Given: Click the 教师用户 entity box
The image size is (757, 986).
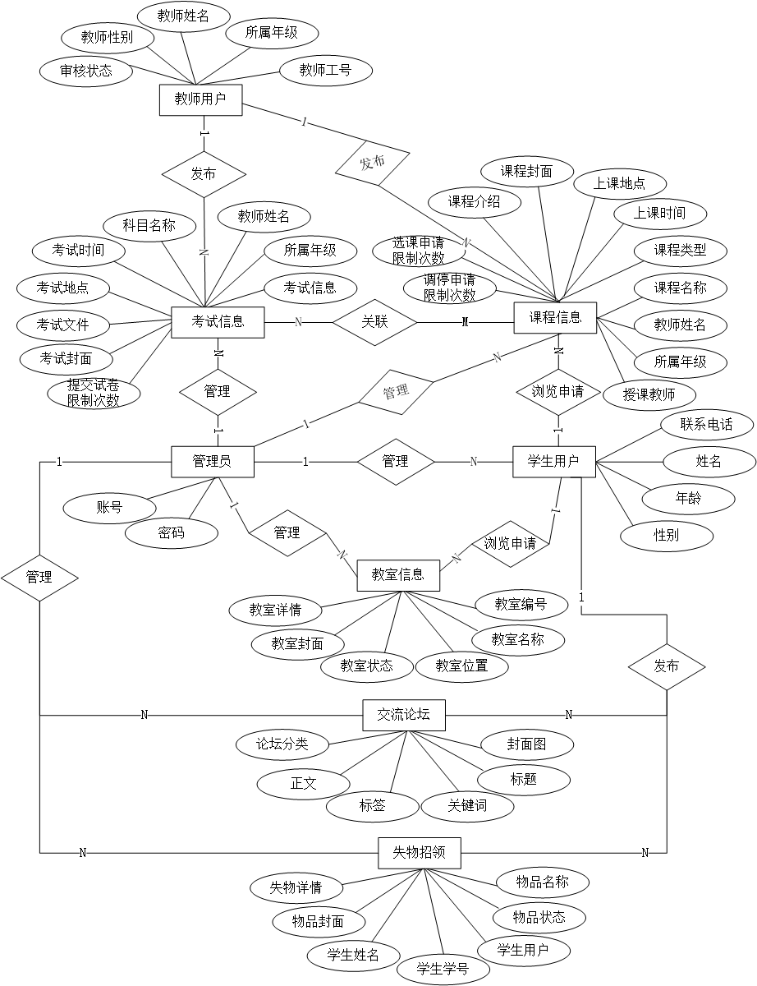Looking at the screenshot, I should click(200, 99).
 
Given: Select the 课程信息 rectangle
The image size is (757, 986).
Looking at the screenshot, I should click(556, 317).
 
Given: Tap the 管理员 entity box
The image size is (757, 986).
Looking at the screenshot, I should click(212, 461).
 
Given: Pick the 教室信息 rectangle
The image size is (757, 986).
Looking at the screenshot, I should click(398, 575).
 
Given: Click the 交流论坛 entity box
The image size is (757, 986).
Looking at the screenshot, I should click(404, 715).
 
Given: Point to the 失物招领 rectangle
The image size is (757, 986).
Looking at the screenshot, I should click(419, 852).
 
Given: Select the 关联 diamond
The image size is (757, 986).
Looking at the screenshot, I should click(374, 322).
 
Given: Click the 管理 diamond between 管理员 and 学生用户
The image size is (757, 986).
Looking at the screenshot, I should click(395, 462).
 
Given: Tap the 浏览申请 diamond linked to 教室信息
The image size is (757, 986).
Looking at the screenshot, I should click(510, 543).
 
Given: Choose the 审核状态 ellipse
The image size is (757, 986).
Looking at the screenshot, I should click(86, 70).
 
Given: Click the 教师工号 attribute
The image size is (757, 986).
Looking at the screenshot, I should click(325, 71).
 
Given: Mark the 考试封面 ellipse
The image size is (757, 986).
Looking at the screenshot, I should click(65, 358).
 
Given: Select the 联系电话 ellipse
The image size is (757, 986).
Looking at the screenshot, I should click(705, 425).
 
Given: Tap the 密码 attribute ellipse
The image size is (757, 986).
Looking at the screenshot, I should click(172, 532).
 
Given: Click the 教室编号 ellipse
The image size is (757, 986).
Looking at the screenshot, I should click(521, 605).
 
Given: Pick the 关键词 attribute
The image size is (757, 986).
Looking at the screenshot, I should click(467, 805).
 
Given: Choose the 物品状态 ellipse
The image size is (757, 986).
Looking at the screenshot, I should click(539, 917).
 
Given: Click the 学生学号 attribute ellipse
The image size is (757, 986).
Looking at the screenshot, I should click(443, 969).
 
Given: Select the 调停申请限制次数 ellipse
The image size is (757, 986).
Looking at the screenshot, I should click(450, 288).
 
